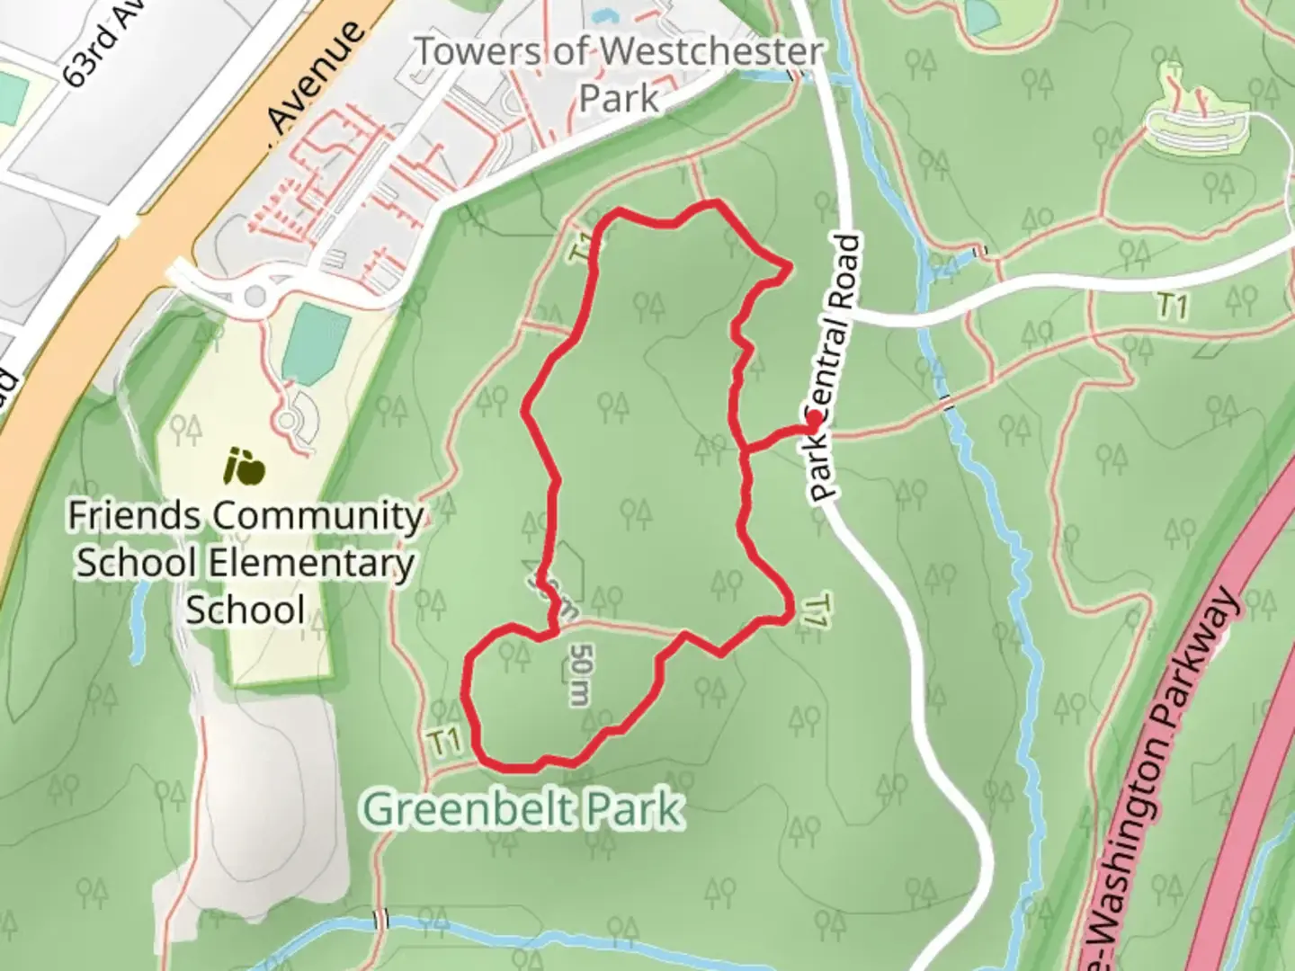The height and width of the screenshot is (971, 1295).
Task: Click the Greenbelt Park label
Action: [522, 808]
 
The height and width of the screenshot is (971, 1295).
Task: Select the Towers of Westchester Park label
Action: [619, 74]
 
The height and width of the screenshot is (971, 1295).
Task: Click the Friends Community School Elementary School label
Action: [245, 563]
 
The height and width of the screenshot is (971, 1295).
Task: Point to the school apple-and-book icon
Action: [245, 467]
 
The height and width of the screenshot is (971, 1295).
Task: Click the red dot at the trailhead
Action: [814, 419]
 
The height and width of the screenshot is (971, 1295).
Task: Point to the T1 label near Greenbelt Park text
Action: [444, 743]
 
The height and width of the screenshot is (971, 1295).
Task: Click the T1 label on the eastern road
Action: [1173, 307]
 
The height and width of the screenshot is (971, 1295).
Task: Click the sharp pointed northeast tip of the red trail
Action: [790, 265]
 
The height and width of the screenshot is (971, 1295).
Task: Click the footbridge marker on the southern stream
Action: [381, 919]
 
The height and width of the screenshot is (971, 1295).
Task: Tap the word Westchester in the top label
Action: [711, 51]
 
